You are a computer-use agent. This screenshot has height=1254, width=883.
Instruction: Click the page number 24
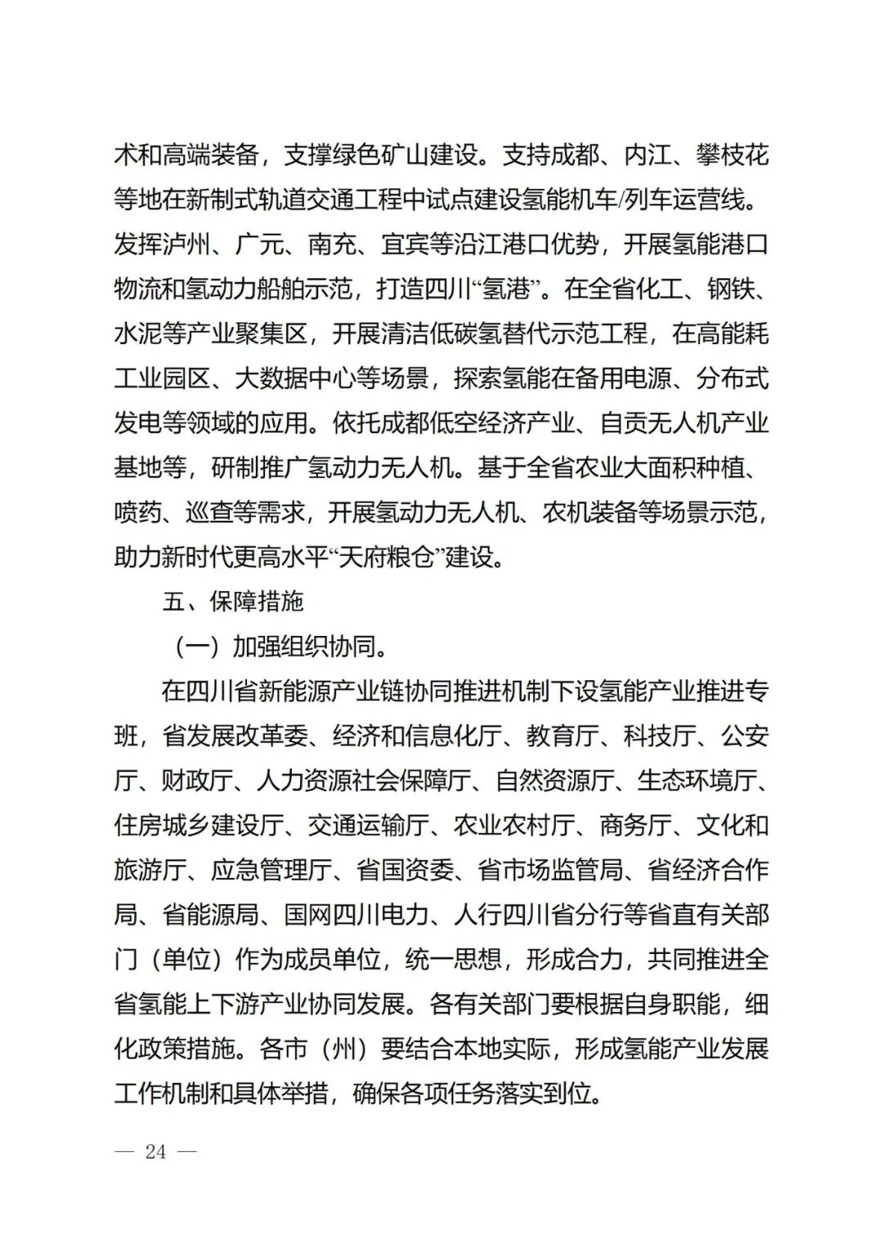[x=155, y=1152]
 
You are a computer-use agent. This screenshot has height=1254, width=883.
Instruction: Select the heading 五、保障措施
[x=233, y=602]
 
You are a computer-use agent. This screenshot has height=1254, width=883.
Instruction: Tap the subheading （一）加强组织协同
[x=278, y=647]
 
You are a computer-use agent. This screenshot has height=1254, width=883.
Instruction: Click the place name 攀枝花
[x=733, y=155]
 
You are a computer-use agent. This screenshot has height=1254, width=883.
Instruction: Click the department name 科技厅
[x=660, y=736]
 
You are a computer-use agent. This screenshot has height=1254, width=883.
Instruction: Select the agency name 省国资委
[x=406, y=870]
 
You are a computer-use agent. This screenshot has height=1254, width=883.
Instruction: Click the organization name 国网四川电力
[x=357, y=914]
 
